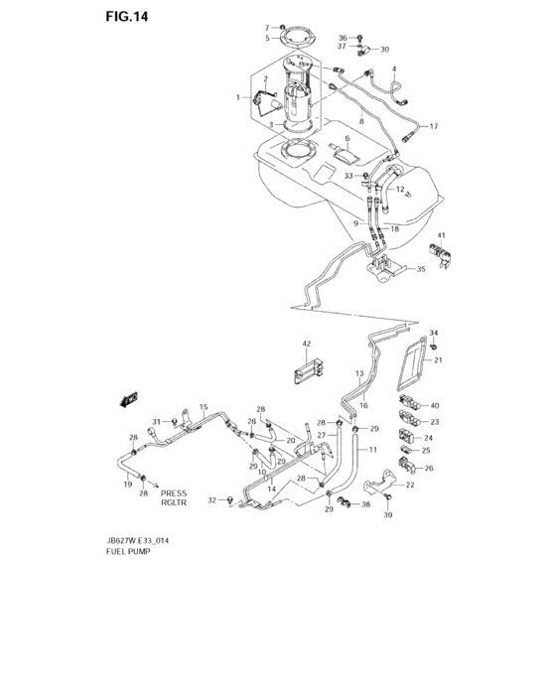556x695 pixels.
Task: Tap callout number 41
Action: (x=441, y=234)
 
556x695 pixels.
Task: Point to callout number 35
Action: (x=421, y=268)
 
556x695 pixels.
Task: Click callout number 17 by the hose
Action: (x=433, y=127)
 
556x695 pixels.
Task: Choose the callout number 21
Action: (x=437, y=359)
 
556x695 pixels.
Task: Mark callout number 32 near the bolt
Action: (x=212, y=501)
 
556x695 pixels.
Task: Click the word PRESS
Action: (x=174, y=492)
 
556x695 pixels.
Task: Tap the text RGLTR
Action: (x=174, y=503)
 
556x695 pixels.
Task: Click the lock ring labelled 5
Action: (x=293, y=39)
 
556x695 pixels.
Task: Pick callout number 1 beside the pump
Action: (x=238, y=97)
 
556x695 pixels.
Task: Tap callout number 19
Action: (x=128, y=484)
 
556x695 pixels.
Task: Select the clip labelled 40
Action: (x=410, y=404)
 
